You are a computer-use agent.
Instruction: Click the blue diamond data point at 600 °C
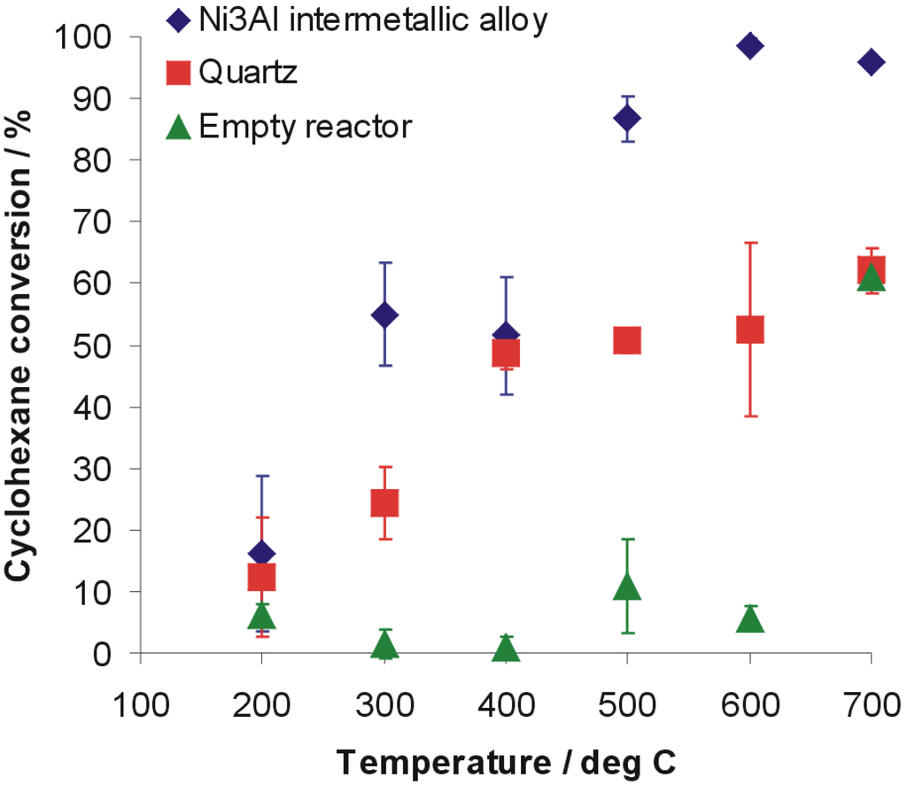coord(749,46)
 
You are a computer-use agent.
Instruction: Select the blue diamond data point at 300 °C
coord(384,315)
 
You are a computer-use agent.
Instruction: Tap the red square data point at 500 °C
coord(627,340)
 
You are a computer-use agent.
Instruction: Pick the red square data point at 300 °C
coord(384,503)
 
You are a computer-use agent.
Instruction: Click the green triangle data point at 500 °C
coord(627,587)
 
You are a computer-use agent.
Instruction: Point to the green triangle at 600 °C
coord(749,618)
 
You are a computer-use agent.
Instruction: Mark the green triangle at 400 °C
coord(506,649)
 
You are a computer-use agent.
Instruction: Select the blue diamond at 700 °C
coord(871,62)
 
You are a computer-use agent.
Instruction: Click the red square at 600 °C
coord(749,330)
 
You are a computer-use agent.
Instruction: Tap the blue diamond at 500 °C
coord(627,118)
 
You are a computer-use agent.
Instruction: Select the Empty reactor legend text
coord(306,127)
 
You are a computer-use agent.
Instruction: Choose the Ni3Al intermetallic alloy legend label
coord(373,19)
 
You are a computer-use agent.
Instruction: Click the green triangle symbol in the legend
coord(178,127)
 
